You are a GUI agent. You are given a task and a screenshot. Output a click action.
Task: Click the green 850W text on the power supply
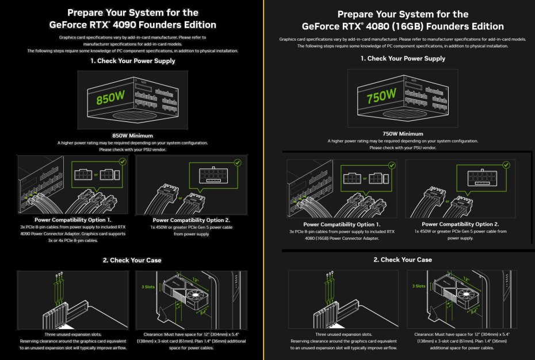point(110,98)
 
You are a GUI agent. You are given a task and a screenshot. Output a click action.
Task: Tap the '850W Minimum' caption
point(132,135)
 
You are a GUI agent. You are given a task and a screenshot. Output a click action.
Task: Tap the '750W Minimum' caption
point(402,134)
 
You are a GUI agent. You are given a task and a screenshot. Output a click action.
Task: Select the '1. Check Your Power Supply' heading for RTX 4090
point(132,60)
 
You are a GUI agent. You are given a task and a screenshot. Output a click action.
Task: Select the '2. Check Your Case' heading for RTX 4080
point(402,259)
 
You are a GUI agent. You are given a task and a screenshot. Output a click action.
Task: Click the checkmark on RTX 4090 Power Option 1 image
point(123,162)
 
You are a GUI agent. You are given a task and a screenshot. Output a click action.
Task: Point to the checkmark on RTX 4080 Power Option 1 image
point(392,165)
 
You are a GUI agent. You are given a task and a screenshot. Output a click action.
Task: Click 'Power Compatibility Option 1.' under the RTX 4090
point(73,220)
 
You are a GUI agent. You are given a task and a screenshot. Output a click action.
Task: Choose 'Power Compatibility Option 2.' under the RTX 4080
point(460,224)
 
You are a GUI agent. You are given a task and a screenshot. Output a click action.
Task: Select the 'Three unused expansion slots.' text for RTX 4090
point(73,334)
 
